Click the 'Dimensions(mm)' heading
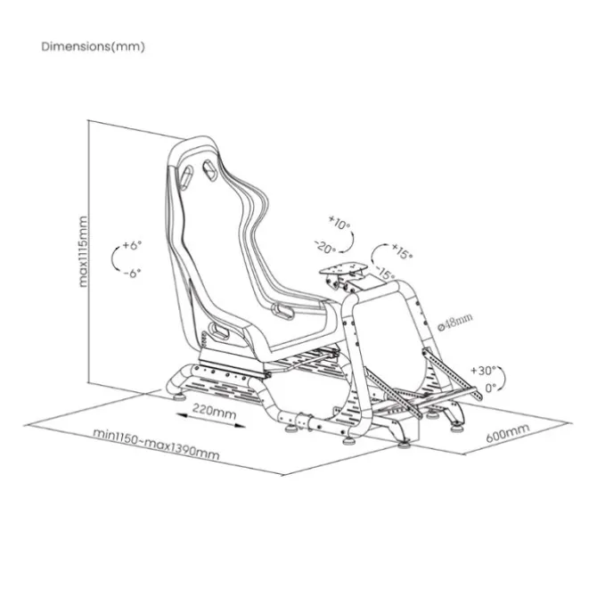click(94, 47)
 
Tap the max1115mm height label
click(82, 251)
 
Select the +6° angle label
click(132, 245)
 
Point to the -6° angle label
click(132, 273)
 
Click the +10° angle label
click(339, 223)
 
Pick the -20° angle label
click(325, 248)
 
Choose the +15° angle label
click(402, 251)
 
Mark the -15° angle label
click(386, 273)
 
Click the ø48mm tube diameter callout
click(455, 322)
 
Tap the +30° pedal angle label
click(484, 370)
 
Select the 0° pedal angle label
click(491, 388)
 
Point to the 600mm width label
click(508, 433)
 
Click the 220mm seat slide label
click(214, 411)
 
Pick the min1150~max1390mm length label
click(156, 445)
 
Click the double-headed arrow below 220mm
click(211, 420)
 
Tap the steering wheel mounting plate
click(343, 268)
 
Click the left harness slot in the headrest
click(186, 178)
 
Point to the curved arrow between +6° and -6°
click(113, 258)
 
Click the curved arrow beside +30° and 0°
click(503, 379)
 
